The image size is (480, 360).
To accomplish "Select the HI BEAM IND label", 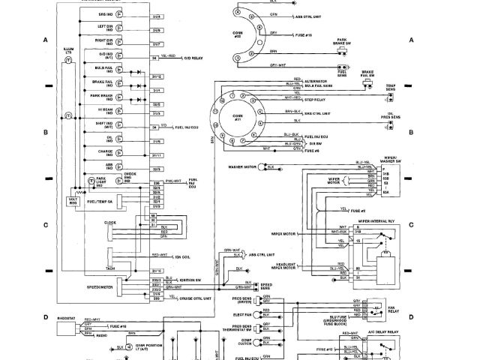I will pyautogui.click(x=125, y=109).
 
